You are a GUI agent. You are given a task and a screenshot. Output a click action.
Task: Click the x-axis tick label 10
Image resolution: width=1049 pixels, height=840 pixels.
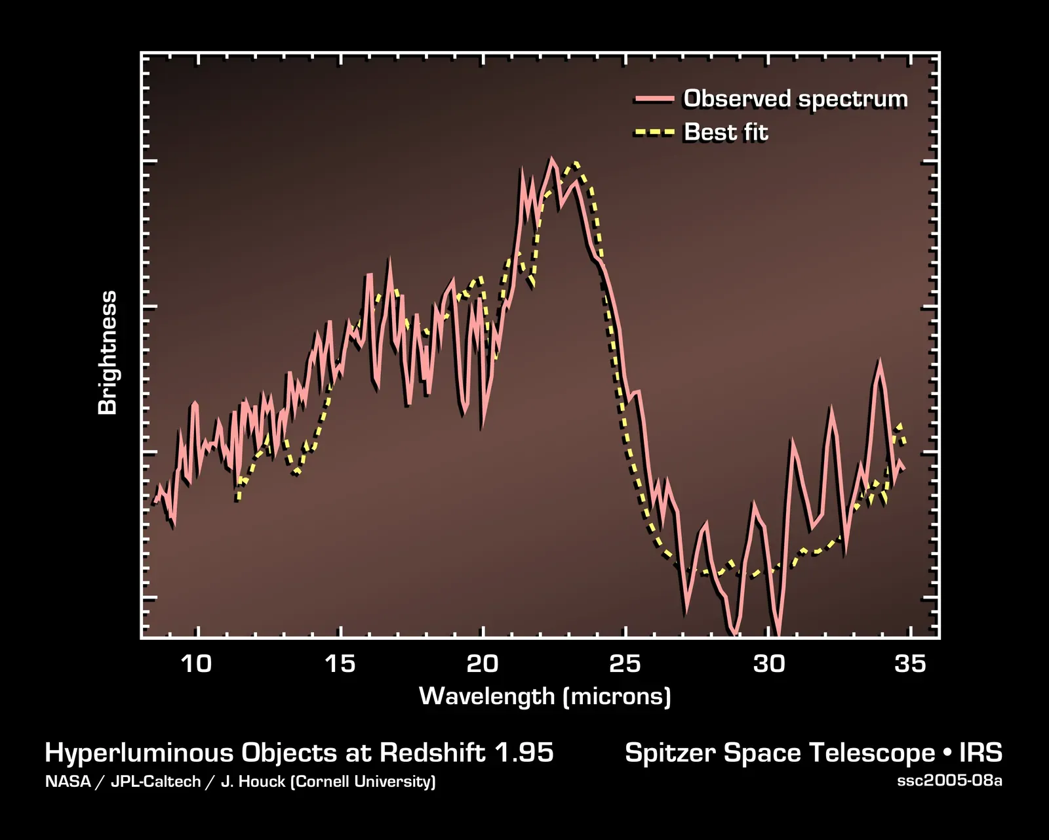pyautogui.click(x=196, y=663)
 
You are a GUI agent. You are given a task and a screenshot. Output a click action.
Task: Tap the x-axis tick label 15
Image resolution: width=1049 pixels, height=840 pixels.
pyautogui.click(x=340, y=663)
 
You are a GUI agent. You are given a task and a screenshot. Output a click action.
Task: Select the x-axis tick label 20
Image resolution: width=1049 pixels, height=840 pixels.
pyautogui.click(x=483, y=663)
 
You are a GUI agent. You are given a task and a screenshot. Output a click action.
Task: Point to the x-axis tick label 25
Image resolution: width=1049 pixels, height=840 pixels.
pyautogui.click(x=625, y=663)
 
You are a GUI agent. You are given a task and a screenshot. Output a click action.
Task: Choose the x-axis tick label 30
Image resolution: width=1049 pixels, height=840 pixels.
pyautogui.click(x=768, y=663)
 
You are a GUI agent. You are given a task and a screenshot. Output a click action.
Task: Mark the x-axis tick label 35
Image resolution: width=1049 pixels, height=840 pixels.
pyautogui.click(x=910, y=663)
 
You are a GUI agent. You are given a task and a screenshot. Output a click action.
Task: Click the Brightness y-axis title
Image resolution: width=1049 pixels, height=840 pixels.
pyautogui.click(x=107, y=352)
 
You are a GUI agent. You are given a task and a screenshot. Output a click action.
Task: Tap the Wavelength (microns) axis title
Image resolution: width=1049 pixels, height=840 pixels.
pyautogui.click(x=545, y=696)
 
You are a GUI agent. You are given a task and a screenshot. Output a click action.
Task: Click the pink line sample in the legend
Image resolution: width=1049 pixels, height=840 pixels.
pyautogui.click(x=654, y=99)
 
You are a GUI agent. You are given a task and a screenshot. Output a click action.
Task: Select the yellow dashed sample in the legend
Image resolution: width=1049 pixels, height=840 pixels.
pyautogui.click(x=654, y=133)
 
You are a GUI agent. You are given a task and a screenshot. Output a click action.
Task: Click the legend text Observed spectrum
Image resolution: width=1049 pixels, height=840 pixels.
pyautogui.click(x=795, y=98)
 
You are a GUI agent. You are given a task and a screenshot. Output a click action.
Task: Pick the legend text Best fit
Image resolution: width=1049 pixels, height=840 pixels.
pyautogui.click(x=725, y=132)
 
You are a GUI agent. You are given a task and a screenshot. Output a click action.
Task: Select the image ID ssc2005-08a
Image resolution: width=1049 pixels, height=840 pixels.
pyautogui.click(x=949, y=781)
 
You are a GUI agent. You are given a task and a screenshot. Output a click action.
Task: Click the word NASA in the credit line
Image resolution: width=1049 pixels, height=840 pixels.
pyautogui.click(x=68, y=782)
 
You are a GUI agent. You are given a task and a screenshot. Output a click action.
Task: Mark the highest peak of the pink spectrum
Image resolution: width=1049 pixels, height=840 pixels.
pyautogui.click(x=551, y=159)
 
